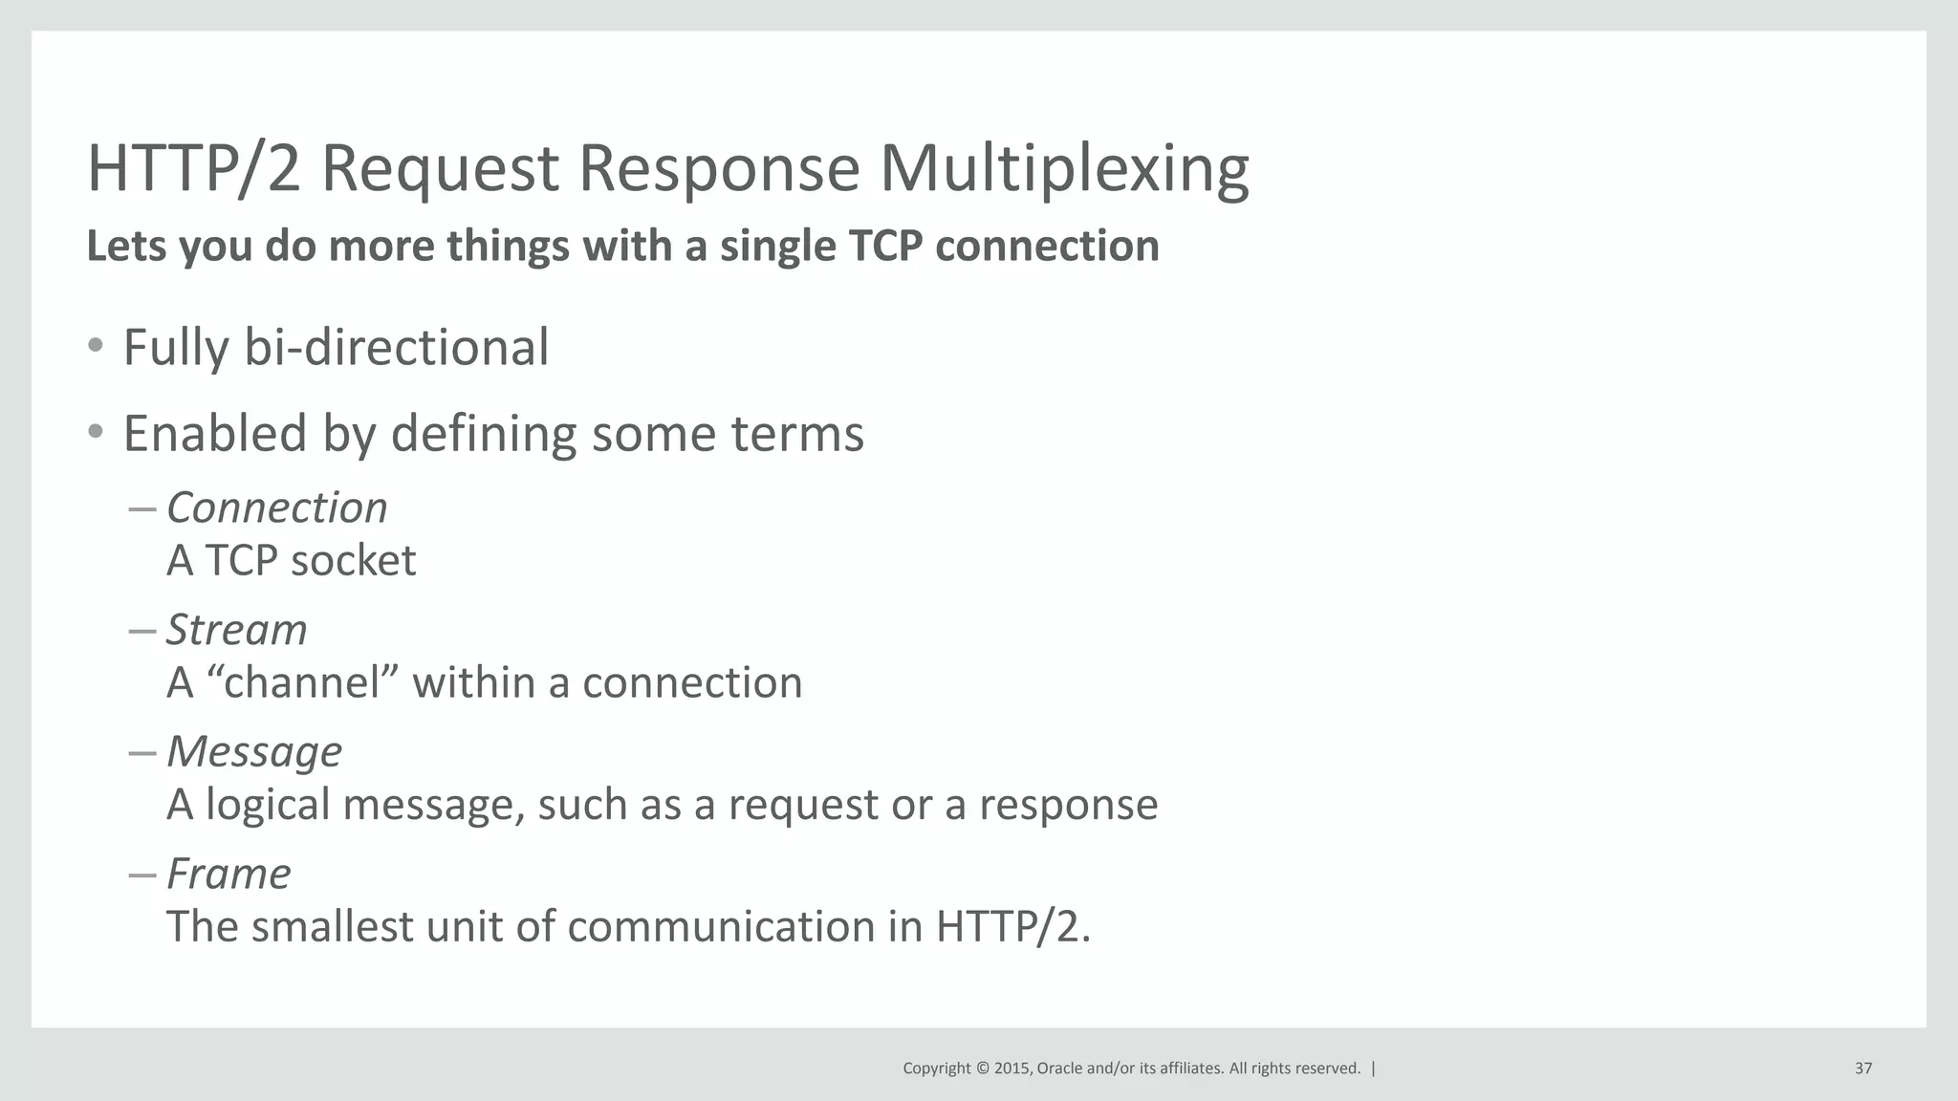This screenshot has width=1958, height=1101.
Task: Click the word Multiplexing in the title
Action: [1063, 169]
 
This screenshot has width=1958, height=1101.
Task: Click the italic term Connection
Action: [276, 507]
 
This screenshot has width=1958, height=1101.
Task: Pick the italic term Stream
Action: [236, 630]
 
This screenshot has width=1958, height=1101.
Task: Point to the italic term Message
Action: [253, 752]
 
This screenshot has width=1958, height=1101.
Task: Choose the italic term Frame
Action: [228, 874]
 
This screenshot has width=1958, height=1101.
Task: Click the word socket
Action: [353, 561]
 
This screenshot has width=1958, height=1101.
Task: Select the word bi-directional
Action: [396, 347]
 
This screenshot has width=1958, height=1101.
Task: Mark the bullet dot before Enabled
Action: [95, 433]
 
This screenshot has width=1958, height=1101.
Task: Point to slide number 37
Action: [1862, 1069]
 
